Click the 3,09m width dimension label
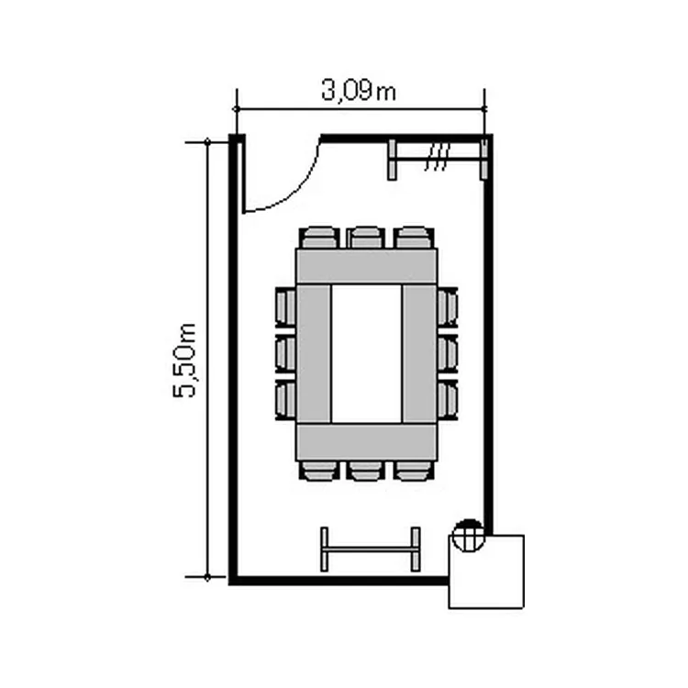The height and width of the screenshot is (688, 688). [359, 91]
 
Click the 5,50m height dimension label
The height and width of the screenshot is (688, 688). [184, 361]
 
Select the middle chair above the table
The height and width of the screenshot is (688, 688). [365, 238]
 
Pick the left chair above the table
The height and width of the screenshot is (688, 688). [319, 238]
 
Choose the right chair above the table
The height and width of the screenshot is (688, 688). [414, 238]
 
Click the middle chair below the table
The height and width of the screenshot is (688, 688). [365, 471]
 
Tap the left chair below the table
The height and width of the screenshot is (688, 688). [319, 471]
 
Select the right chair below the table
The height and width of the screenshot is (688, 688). [414, 471]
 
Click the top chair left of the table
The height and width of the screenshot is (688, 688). [285, 306]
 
